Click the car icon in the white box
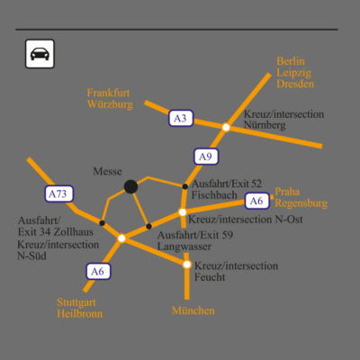pos(40,54)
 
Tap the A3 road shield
pos(181,118)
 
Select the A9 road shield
pos(206,157)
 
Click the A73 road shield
pos(59,193)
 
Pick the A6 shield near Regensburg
pos(256,201)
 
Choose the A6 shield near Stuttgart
pos(98,272)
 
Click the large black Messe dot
pos(130,186)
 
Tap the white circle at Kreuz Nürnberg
pos(226,128)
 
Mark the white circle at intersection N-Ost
pos(183,212)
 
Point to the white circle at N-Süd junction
pos(121,238)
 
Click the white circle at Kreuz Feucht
pos(187,265)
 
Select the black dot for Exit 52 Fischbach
pos(185,186)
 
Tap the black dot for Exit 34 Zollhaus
pos(102,223)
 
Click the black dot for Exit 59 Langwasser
pos(148,226)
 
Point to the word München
pos(193,310)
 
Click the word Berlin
pos(291,61)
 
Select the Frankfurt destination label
pos(108,93)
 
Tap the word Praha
pos(287,192)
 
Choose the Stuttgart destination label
pos(76,302)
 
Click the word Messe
pos(107,171)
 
